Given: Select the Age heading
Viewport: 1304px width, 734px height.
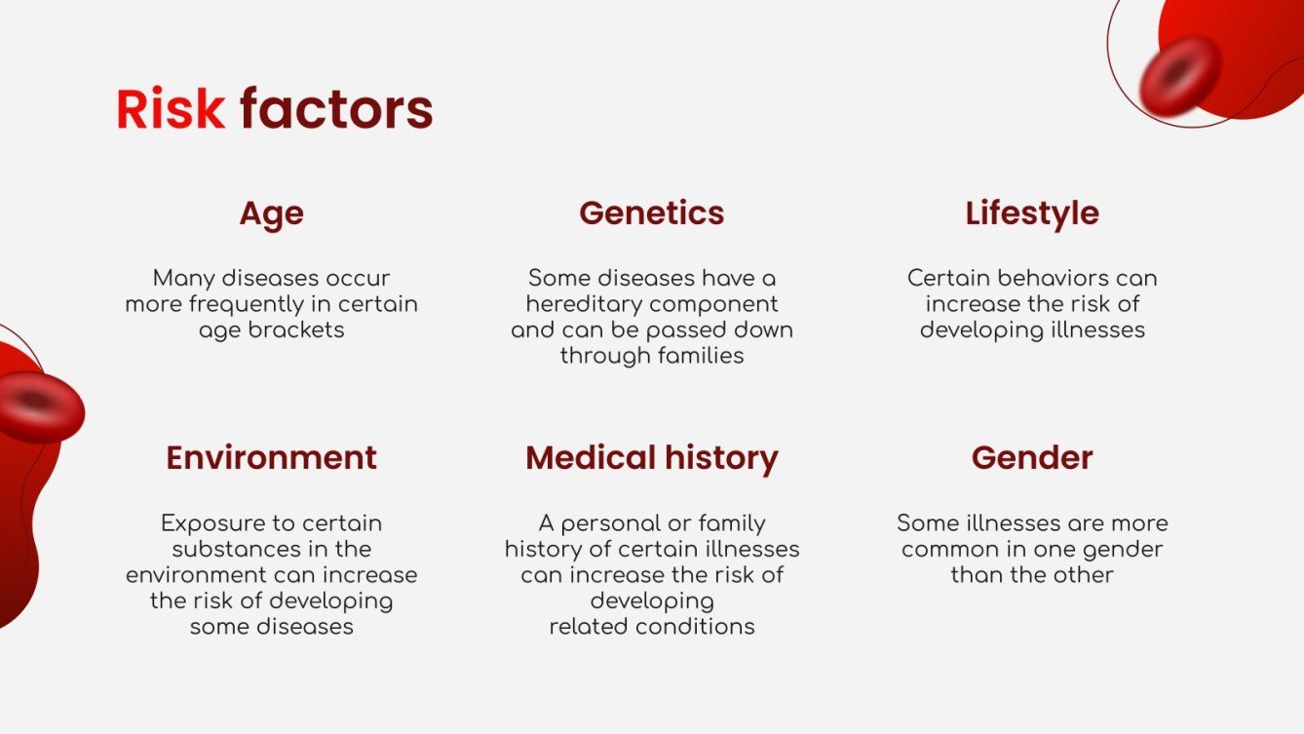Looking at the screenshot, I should [x=271, y=213].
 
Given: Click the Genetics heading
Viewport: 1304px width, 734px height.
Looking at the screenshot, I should [x=651, y=212].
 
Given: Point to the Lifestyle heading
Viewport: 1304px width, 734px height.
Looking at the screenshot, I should [x=1032, y=213].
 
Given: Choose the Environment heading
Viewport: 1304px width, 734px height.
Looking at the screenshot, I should [x=271, y=457].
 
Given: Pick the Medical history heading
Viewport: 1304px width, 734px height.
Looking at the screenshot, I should [x=651, y=457].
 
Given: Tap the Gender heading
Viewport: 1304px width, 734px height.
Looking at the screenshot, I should [x=1032, y=457].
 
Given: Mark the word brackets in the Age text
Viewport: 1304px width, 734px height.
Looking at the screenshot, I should [x=297, y=329].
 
